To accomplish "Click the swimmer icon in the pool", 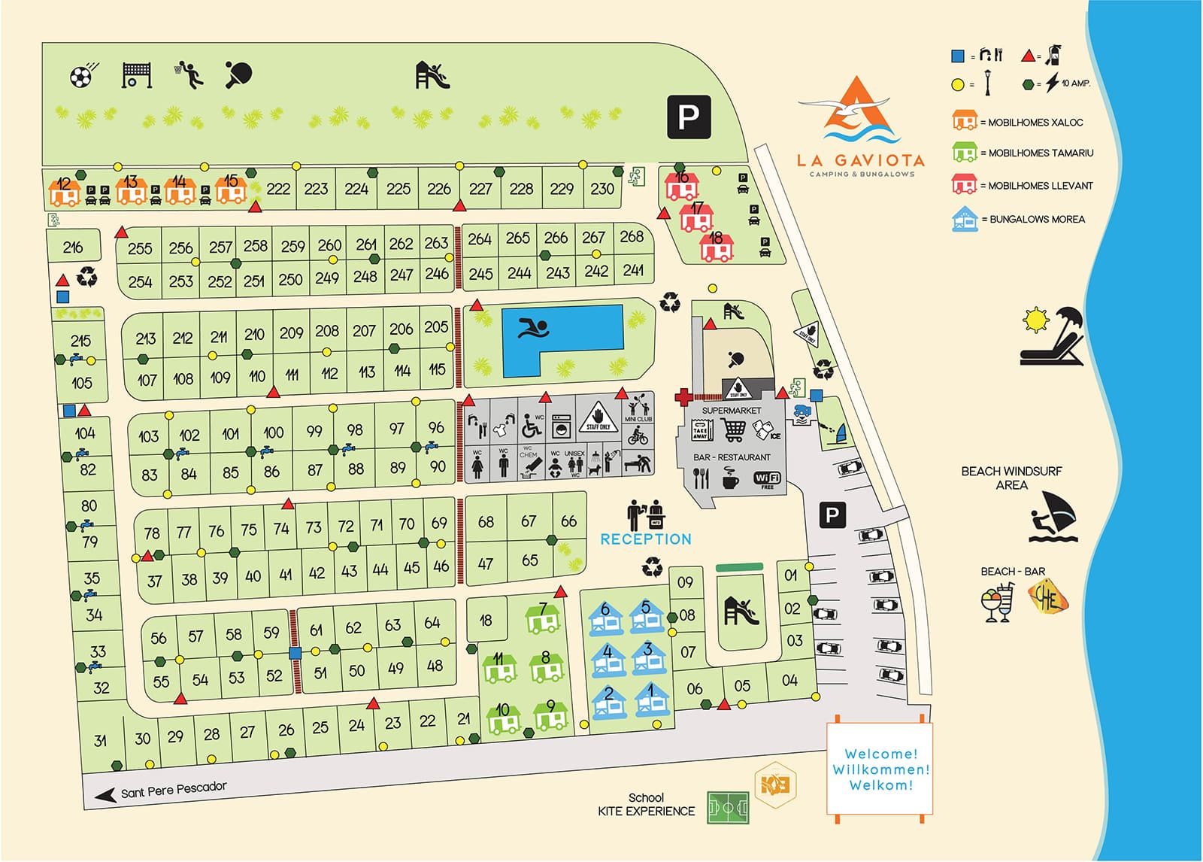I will tap(533, 329).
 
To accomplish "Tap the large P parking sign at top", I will tap(689, 117).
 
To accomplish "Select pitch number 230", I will tap(602, 189).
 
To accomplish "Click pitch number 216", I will tap(73, 247).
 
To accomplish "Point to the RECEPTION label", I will tap(645, 539).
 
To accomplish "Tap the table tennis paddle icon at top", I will tap(238, 74).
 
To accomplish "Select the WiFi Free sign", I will tap(767, 479).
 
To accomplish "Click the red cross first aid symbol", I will tap(683, 396).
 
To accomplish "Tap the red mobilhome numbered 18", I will tap(717, 246).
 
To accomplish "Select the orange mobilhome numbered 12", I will tap(65, 191).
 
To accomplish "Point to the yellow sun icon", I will tap(1036, 320).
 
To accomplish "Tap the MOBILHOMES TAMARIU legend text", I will tap(1041, 153).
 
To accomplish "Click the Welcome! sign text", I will tap(880, 754).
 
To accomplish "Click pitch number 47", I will tap(486, 563).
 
